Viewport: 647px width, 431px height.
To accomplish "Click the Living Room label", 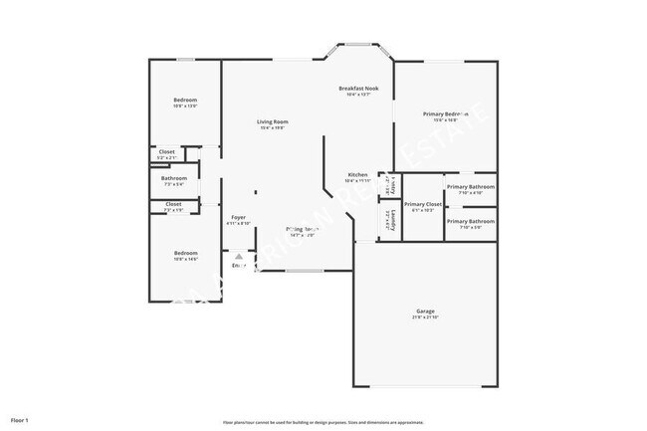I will point(274,121).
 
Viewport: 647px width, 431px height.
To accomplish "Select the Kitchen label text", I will point(358,175).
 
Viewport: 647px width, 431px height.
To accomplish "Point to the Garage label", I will point(425,311).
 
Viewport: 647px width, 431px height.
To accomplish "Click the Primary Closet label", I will point(422,204).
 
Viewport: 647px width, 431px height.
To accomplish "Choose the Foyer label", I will point(239,217).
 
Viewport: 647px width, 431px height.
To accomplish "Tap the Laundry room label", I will point(394,216).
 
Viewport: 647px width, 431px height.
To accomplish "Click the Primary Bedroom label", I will point(445,114).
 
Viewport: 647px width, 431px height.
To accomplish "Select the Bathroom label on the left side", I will point(174,178).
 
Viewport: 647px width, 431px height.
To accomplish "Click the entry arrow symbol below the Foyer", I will point(239,256).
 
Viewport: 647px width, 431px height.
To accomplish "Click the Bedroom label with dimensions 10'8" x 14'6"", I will point(185,253).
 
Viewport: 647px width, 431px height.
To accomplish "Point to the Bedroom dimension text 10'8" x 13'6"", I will point(185,107).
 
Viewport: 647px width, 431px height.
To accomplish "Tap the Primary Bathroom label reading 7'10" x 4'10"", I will point(470,193).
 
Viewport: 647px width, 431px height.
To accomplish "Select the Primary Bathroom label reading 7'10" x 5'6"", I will point(470,227).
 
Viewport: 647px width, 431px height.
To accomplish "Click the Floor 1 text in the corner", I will point(20,420).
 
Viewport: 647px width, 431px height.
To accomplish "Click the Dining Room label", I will point(302,229).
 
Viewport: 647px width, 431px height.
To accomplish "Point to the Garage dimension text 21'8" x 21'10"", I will point(425,318).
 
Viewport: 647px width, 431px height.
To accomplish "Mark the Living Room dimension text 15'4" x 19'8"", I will point(274,128).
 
